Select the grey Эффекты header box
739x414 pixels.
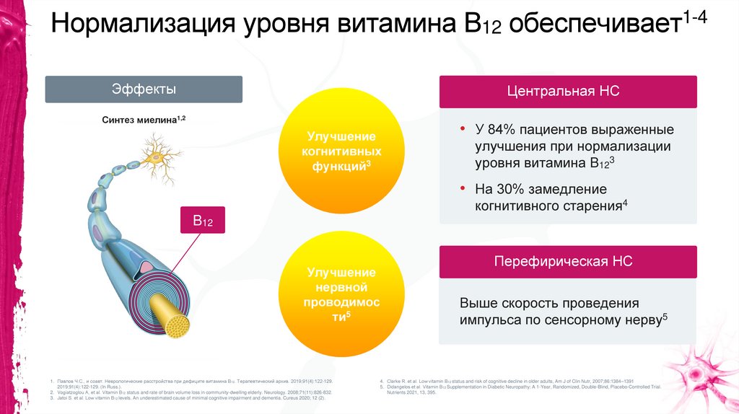(144, 89)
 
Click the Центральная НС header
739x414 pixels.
(567, 92)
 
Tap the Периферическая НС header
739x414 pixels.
(567, 262)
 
